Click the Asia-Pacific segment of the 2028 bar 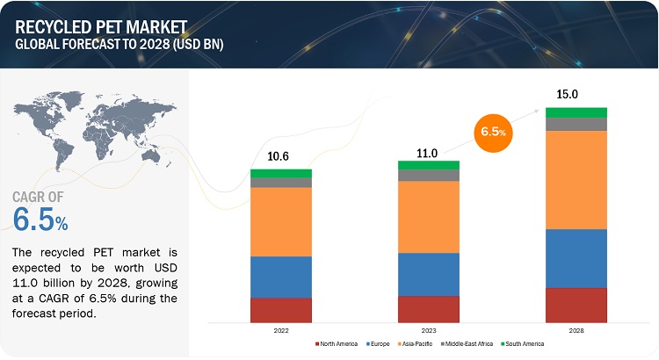[576, 180]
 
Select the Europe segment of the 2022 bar [281, 277]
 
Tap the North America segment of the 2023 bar [429, 309]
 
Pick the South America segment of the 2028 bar [576, 112]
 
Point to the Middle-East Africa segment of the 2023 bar [429, 175]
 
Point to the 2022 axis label [281, 331]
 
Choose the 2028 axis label [576, 331]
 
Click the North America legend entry [337, 345]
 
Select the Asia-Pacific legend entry [417, 345]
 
